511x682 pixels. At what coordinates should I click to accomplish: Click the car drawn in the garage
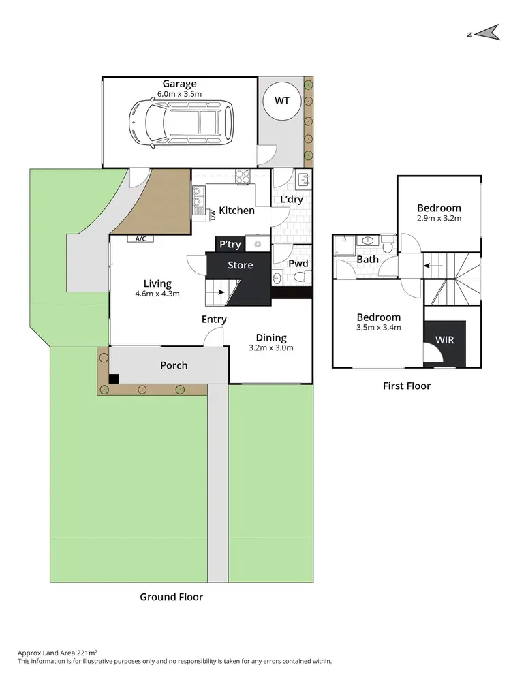tap(179, 123)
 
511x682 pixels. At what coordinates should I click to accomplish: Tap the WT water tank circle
tap(281, 101)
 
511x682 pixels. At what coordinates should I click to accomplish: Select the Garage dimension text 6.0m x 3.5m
tap(179, 94)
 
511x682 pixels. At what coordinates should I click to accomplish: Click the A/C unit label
tap(141, 239)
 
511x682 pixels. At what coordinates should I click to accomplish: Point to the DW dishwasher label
tap(213, 215)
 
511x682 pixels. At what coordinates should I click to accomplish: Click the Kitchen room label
tap(236, 211)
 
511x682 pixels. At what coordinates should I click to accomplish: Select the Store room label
tap(240, 265)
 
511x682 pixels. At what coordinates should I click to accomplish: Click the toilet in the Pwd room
tap(307, 277)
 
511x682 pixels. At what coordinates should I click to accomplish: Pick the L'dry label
tap(292, 200)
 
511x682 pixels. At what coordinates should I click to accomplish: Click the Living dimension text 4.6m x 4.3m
tap(157, 294)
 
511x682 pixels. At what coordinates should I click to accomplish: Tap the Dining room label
tap(271, 337)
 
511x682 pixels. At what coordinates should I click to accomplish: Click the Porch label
tap(174, 365)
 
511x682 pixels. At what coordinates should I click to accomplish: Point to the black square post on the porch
tap(114, 379)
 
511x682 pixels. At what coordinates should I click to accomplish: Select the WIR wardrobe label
tap(444, 339)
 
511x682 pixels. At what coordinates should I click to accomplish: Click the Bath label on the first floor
tap(367, 260)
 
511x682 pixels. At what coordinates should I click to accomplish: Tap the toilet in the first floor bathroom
tap(387, 241)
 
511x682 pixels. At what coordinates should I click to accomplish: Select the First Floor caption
tap(407, 386)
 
